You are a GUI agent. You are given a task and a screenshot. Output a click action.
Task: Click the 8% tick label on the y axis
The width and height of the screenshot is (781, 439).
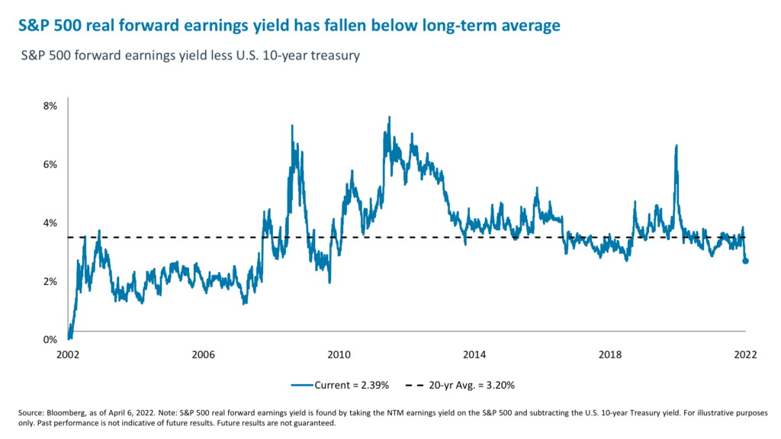point(48,106)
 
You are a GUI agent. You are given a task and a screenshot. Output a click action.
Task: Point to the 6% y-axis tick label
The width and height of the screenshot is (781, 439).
point(48,165)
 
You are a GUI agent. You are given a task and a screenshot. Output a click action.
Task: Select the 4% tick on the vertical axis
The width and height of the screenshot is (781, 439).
point(48,223)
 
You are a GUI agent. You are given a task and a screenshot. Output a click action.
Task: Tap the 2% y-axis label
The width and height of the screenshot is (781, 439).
point(48,282)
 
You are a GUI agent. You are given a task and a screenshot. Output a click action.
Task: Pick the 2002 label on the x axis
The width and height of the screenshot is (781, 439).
point(67,355)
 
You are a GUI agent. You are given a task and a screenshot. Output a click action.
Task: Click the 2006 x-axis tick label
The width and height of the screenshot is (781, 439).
point(203,355)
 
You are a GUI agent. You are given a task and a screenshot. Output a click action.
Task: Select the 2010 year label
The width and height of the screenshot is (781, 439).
point(339,355)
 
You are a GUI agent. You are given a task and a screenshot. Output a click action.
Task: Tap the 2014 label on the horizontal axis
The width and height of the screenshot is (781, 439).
point(474,355)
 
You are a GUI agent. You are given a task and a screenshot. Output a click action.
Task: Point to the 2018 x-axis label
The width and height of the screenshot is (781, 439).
point(609,355)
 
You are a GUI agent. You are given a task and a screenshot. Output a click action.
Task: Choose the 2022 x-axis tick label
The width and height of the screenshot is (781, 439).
point(744,355)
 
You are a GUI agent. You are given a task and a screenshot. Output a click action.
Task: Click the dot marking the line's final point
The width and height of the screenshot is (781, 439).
point(745,261)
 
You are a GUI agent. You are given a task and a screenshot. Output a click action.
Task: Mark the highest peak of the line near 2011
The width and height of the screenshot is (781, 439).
point(390,117)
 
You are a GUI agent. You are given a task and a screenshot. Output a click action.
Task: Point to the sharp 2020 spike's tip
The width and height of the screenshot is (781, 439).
point(676,146)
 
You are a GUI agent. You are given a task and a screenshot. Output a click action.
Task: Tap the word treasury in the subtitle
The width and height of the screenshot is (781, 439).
point(330,56)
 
